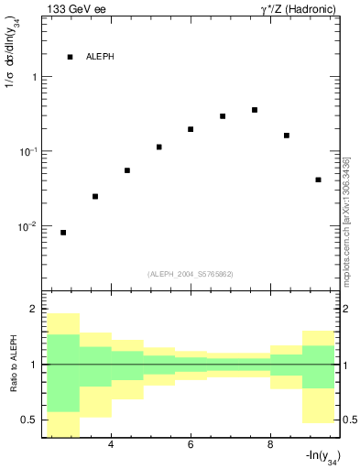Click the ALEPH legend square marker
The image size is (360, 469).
(70, 57)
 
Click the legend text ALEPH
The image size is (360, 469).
(100, 57)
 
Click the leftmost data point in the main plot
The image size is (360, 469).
(63, 233)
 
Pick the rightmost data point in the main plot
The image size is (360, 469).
(318, 180)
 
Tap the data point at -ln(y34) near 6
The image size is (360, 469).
(191, 129)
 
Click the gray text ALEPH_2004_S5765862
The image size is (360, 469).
(191, 274)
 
